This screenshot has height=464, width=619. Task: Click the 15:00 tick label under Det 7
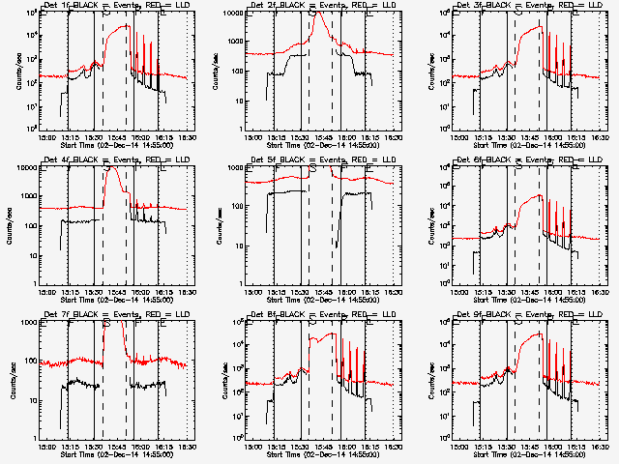pos(44,447)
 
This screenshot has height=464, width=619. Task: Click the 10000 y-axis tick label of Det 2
pos(234,14)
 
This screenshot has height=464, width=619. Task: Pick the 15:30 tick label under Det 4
pos(92,292)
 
